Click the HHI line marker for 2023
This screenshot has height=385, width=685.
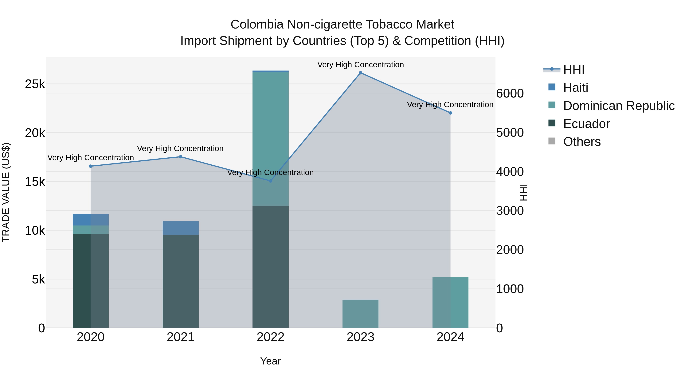point(360,73)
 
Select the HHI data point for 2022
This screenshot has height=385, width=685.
point(270,181)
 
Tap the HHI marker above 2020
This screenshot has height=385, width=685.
point(91,166)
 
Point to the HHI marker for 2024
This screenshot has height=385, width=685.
point(450,113)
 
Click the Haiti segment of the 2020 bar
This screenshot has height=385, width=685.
point(91,219)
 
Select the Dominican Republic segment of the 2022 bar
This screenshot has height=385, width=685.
point(270,138)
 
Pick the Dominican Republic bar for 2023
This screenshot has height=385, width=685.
point(360,314)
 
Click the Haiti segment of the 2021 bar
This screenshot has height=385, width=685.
point(181,228)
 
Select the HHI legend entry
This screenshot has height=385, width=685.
point(573,70)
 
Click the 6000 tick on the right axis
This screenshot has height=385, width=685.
point(510,93)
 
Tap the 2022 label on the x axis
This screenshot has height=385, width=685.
point(270,337)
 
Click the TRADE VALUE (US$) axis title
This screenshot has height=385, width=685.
point(6,192)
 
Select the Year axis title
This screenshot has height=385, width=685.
point(270,361)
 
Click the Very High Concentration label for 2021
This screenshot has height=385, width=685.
point(180,148)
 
